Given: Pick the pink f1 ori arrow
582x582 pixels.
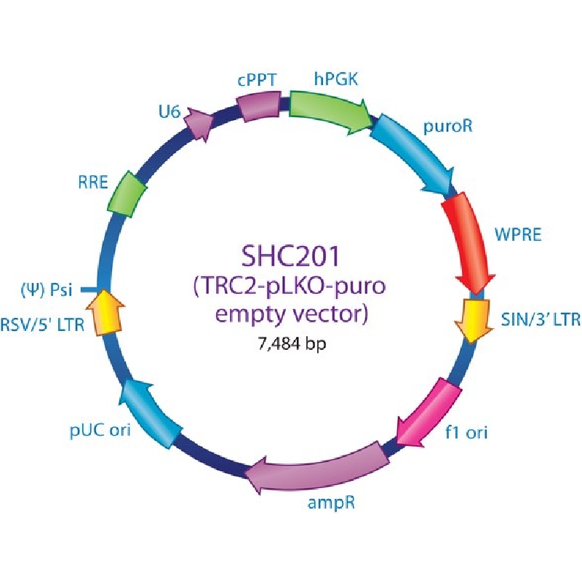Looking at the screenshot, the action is click(431, 412).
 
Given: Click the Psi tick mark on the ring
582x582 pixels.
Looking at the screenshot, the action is click(89, 289).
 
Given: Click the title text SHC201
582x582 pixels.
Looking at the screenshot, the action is click(290, 256).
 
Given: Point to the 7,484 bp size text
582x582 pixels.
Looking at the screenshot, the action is click(292, 344).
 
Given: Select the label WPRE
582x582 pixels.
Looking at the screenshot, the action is click(518, 234).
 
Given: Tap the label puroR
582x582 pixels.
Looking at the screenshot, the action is click(448, 126).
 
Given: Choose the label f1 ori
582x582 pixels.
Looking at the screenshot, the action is click(466, 432).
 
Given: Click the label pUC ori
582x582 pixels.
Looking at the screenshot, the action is click(100, 430).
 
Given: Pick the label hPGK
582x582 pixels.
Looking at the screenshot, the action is click(336, 79).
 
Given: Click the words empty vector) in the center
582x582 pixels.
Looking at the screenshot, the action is click(292, 314).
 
